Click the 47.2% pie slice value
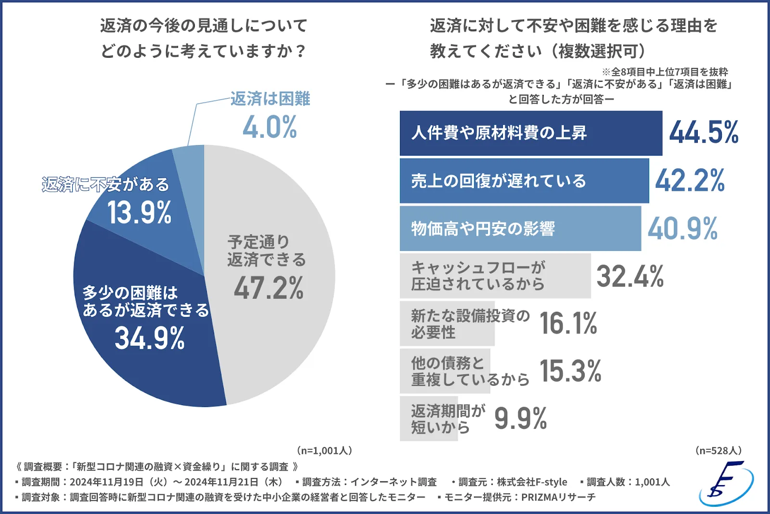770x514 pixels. tap(269, 288)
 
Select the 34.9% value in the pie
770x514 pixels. tap(150, 338)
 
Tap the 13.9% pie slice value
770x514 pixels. tap(140, 212)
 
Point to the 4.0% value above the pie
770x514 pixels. tap(269, 127)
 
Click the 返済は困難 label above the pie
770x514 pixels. tap(270, 99)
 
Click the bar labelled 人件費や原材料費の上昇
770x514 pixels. tap(530, 133)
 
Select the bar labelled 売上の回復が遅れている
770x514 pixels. tap(524, 181)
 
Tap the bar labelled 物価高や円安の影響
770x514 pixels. tap(520, 228)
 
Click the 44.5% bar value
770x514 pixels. tap(704, 132)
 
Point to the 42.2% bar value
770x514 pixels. tap(690, 181)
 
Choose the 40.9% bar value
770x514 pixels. tap(682, 228)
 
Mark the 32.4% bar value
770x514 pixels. tap(630, 276)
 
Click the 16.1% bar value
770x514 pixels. tap(568, 323)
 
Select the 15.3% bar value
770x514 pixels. tap(570, 371)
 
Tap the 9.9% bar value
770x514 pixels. tap(521, 418)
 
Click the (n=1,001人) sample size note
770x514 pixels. tap(324, 450)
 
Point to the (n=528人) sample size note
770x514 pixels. tap(719, 450)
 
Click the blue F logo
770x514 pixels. tap(726, 484)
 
